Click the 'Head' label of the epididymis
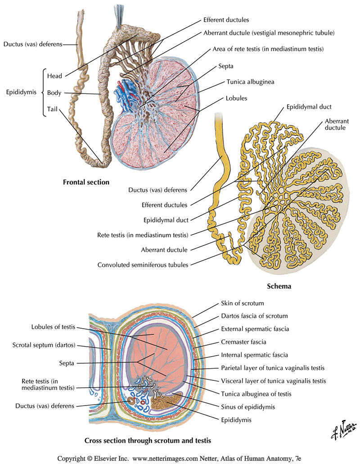pyautogui.click(x=54, y=76)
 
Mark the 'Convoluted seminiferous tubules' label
pyautogui.click(x=143, y=265)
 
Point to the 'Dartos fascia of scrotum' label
pyautogui.click(x=248, y=316)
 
